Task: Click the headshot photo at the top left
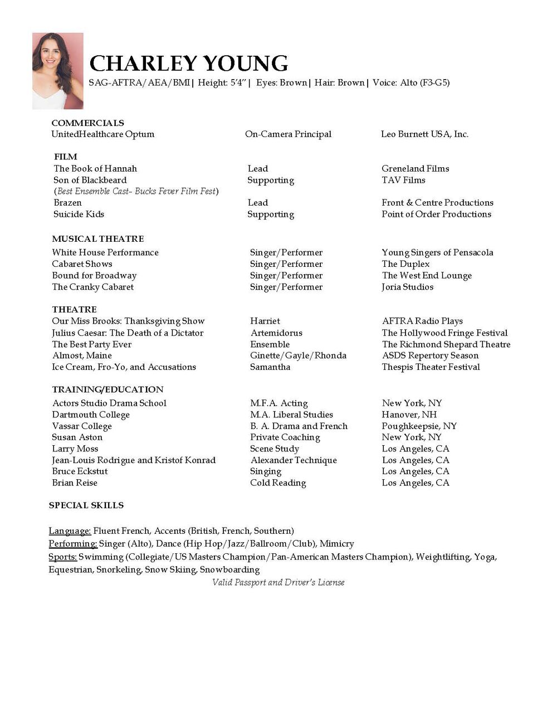[x=58, y=71]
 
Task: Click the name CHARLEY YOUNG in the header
[x=188, y=64]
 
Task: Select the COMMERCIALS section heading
[x=87, y=123]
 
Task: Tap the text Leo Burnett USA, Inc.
[x=424, y=134]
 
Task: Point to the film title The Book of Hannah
[x=95, y=169]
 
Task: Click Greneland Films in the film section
[x=415, y=169]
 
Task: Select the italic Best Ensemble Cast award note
[x=136, y=191]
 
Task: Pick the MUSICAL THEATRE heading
[x=98, y=239]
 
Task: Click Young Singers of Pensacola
[x=437, y=252]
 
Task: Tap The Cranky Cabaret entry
[x=93, y=287]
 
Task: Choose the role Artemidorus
[x=276, y=333]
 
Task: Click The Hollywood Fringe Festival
[x=444, y=333]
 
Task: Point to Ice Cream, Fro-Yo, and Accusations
[x=124, y=367]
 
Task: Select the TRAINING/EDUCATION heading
[x=108, y=389]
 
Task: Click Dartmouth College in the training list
[x=91, y=415]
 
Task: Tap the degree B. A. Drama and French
[x=299, y=426]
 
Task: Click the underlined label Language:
[x=70, y=531]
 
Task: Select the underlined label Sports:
[x=62, y=557]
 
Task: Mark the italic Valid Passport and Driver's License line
[x=278, y=582]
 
